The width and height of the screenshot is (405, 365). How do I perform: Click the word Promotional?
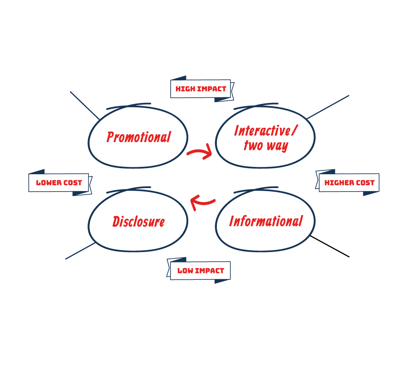pos(138,137)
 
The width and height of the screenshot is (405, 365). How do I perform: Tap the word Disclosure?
pos(138,222)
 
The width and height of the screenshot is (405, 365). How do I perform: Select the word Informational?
pos(266,221)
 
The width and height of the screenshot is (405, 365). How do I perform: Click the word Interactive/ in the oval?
pos(266,130)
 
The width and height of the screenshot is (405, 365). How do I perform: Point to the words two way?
pos(266,146)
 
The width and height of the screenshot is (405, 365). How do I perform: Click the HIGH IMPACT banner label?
pos(201,89)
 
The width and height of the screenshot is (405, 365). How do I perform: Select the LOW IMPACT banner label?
pos(200,271)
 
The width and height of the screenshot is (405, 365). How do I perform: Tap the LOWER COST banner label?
pos(59,183)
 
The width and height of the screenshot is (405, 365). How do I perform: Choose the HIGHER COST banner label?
pos(349,183)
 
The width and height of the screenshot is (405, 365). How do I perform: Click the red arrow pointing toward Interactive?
pos(200,152)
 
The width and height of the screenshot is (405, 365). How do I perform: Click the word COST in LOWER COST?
pos(72,183)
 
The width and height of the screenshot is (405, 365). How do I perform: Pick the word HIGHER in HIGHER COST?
pos(339,183)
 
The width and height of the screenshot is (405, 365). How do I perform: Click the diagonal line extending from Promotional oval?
pos(84,105)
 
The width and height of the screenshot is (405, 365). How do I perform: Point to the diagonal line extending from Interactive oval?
pos(328,106)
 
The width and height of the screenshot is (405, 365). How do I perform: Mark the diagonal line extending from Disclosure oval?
pos(80,251)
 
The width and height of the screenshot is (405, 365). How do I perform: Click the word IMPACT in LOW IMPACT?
pos(209,271)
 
